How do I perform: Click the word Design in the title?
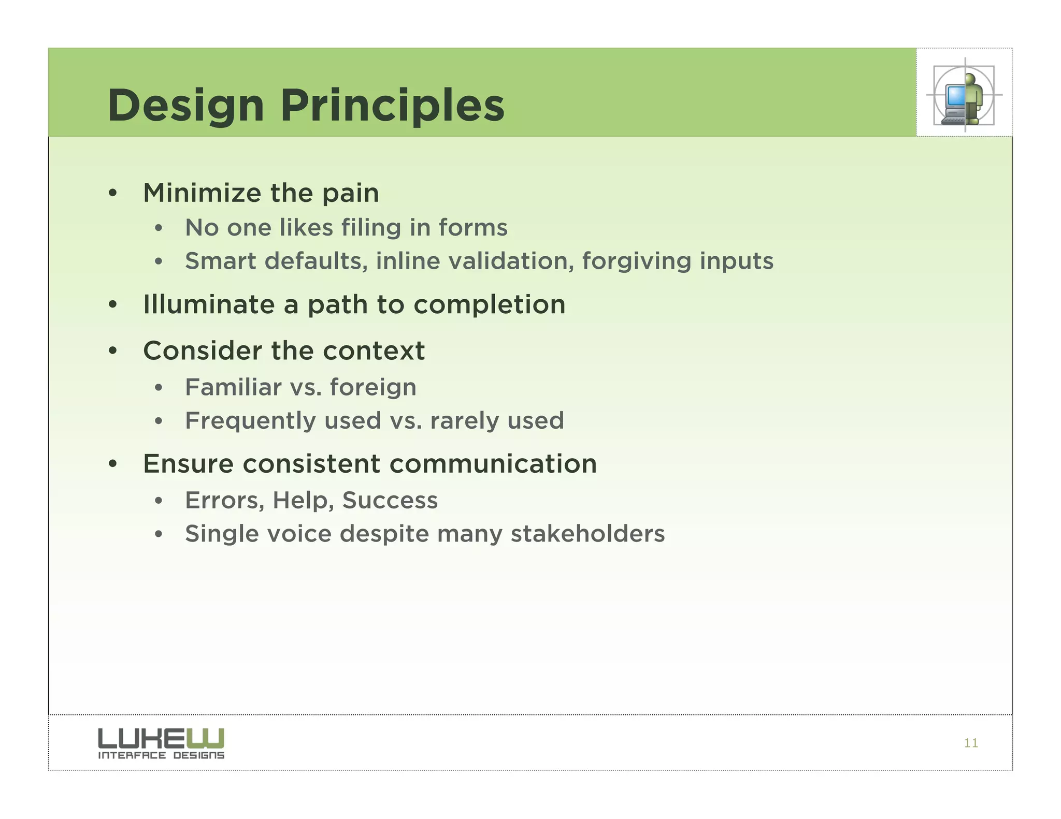[x=185, y=106]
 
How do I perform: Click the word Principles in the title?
[x=392, y=106]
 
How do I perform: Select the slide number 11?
[x=971, y=743]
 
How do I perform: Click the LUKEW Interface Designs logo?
[x=161, y=743]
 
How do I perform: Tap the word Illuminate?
[x=208, y=304]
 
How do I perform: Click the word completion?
[x=489, y=304]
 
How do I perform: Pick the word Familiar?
[x=233, y=387]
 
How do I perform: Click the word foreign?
[x=372, y=388]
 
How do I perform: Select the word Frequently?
[x=250, y=421]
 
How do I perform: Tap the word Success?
[x=390, y=500]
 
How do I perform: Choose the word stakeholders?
[x=587, y=533]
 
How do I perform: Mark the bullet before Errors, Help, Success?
[x=159, y=501]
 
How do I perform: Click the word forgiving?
[x=636, y=261]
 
